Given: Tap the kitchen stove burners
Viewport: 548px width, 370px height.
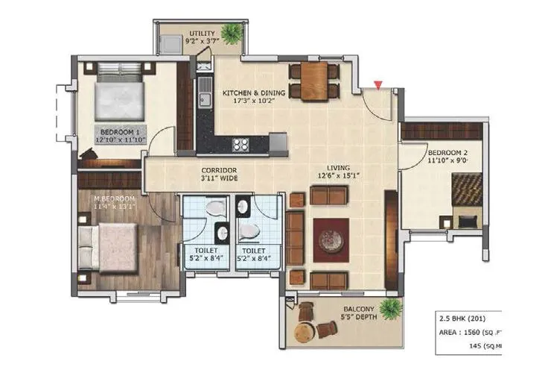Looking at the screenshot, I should click(241, 145).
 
